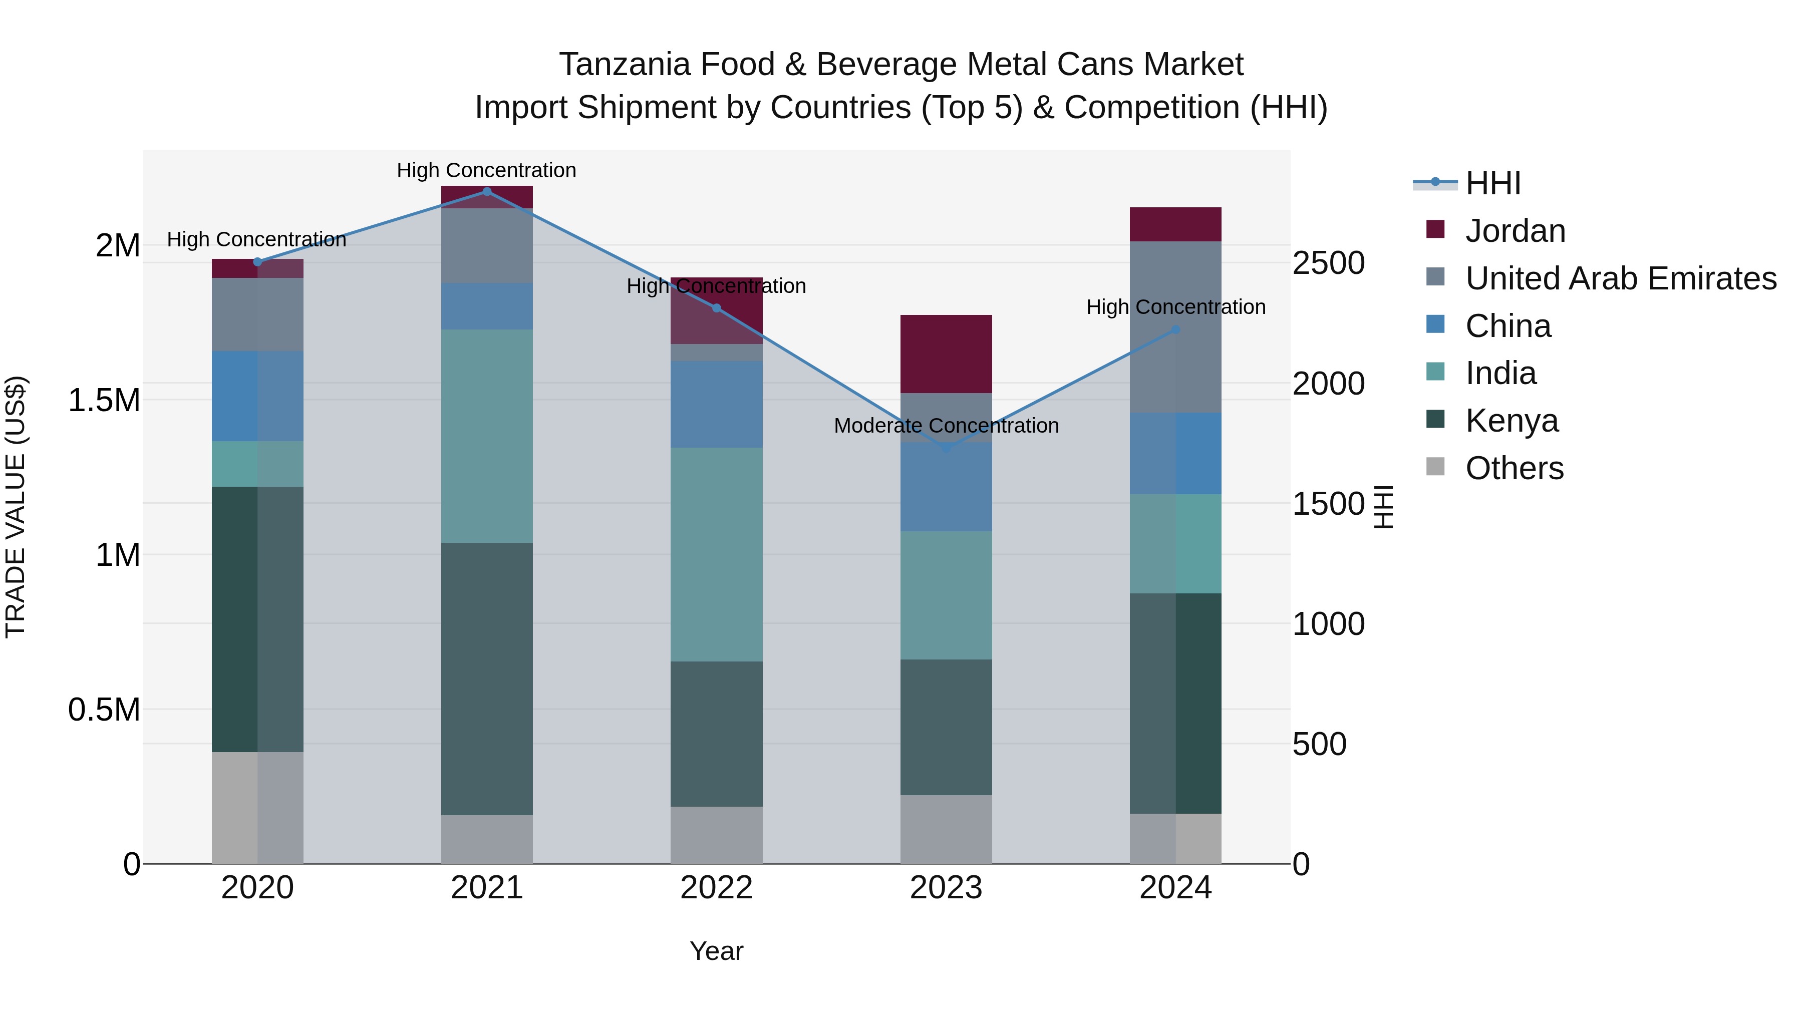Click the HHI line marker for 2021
coord(487,191)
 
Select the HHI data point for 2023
coord(946,448)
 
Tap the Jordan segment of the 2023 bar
coord(946,354)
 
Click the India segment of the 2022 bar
coord(716,554)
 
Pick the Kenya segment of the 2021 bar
coord(487,679)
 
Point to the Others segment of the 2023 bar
coord(946,829)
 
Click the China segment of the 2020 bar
coord(257,396)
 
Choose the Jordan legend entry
coord(1514,230)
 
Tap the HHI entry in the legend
coord(1492,183)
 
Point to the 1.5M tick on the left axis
coord(104,400)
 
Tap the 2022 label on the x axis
coord(716,888)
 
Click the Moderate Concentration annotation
coord(946,426)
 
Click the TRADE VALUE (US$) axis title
coord(16,507)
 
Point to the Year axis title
coord(716,951)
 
